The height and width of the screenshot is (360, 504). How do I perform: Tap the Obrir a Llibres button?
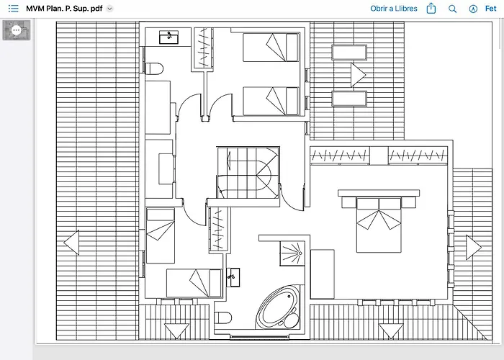[393, 9]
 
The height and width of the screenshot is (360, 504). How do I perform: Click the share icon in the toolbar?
[431, 9]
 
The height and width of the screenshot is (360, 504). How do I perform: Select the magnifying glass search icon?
[452, 9]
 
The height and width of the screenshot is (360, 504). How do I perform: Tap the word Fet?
[490, 9]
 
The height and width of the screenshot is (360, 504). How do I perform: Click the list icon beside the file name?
[13, 9]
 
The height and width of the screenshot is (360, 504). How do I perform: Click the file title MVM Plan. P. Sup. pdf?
[64, 9]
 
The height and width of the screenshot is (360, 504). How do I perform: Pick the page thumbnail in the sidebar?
[17, 30]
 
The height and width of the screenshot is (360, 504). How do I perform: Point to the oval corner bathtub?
[279, 307]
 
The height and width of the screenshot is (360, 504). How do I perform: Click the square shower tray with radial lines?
[292, 253]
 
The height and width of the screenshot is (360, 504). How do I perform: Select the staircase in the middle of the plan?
[248, 173]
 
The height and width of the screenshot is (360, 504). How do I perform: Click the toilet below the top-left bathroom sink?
[154, 68]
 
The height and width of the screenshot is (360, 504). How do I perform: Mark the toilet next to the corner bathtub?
[222, 318]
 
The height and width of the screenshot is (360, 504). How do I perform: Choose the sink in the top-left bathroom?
[168, 37]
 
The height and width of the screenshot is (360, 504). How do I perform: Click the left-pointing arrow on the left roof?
[71, 243]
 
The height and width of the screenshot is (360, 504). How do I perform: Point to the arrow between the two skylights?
[358, 75]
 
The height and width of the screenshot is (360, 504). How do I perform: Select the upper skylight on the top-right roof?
[349, 53]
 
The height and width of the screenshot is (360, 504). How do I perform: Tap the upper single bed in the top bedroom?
[271, 48]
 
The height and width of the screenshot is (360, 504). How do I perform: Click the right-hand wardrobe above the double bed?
[418, 156]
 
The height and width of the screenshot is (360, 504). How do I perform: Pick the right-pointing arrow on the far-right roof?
[474, 248]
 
